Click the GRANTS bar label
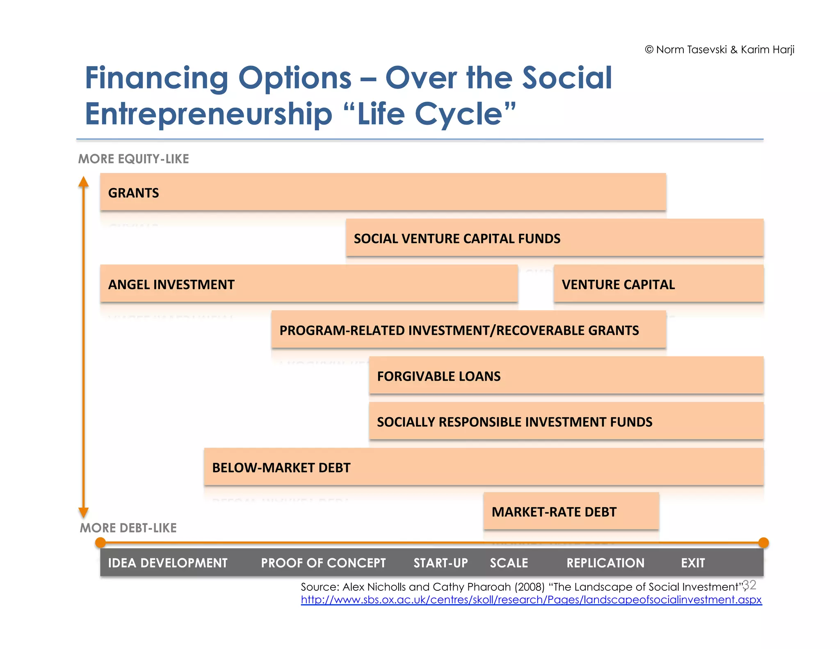click(x=133, y=193)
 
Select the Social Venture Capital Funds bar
click(x=555, y=238)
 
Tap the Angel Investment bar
click(x=309, y=284)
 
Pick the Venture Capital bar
click(x=658, y=284)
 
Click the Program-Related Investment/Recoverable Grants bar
click(x=468, y=330)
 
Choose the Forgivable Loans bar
click(x=566, y=376)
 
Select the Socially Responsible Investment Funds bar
click(x=566, y=421)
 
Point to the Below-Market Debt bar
click(x=484, y=467)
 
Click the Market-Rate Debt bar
click(x=571, y=512)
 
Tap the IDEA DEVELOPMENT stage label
click(x=168, y=563)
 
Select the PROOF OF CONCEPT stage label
click(x=323, y=563)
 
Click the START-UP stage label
click(x=441, y=563)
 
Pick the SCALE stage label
click(x=509, y=563)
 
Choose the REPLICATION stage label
click(x=605, y=563)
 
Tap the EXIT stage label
click(x=693, y=563)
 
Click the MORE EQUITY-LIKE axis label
click(x=134, y=159)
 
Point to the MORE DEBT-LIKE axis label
click(x=128, y=528)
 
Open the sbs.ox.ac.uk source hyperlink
click(x=531, y=600)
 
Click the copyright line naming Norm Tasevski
click(x=719, y=50)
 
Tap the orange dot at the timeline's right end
click(x=763, y=543)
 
